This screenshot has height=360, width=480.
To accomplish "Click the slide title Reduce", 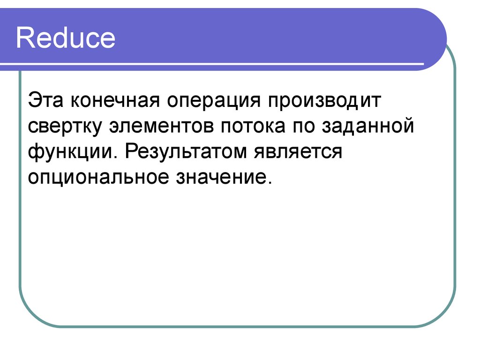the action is click(66, 37).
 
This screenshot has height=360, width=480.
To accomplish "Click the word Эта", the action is click(45, 100).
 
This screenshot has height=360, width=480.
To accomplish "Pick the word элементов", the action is click(162, 126).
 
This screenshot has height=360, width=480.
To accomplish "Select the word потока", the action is click(253, 126).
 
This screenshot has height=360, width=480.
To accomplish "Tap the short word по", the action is click(303, 126).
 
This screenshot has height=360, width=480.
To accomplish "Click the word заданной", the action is click(367, 126).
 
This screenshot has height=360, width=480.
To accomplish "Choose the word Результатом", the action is click(186, 152).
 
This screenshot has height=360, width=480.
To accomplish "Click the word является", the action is click(298, 152).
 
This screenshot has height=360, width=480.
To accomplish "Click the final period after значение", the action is click(270, 183).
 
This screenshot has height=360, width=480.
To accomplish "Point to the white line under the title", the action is click(212, 64).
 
